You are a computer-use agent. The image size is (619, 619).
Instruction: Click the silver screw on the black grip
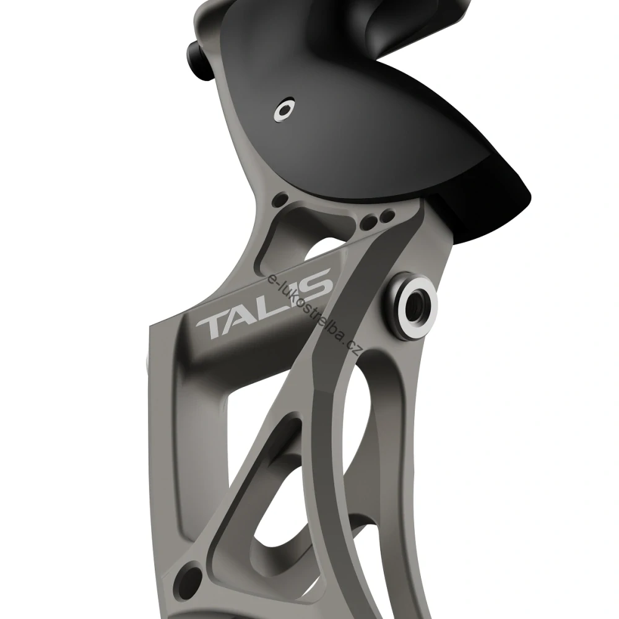tap(284, 110)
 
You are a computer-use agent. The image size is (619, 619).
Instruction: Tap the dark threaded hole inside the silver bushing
tap(415, 303)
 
